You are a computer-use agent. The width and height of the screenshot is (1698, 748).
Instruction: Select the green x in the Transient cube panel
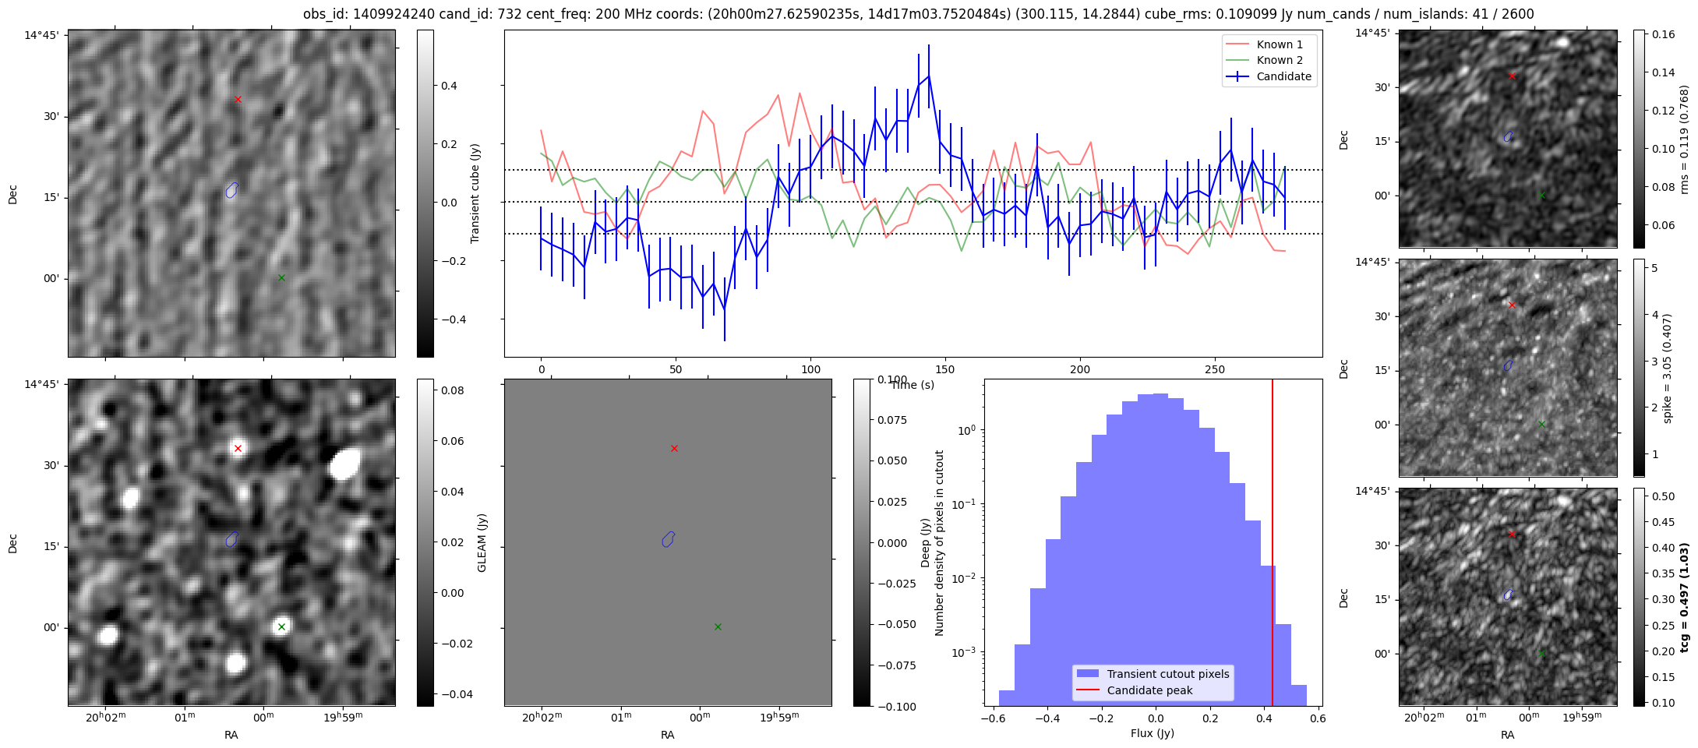tap(281, 277)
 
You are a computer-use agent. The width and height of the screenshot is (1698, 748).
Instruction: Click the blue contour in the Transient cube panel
tap(231, 190)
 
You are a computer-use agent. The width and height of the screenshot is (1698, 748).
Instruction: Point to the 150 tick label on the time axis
tap(945, 369)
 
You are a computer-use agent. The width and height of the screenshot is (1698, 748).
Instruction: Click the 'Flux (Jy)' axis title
tap(1152, 733)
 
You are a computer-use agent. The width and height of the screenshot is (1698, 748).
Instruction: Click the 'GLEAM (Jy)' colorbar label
tap(482, 543)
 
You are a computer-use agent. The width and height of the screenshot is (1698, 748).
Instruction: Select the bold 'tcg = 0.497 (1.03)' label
tap(1684, 598)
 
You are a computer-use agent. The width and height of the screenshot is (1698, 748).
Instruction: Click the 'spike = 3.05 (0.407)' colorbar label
tap(1667, 368)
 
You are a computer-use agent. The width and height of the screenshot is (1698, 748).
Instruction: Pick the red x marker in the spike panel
tap(1512, 305)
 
